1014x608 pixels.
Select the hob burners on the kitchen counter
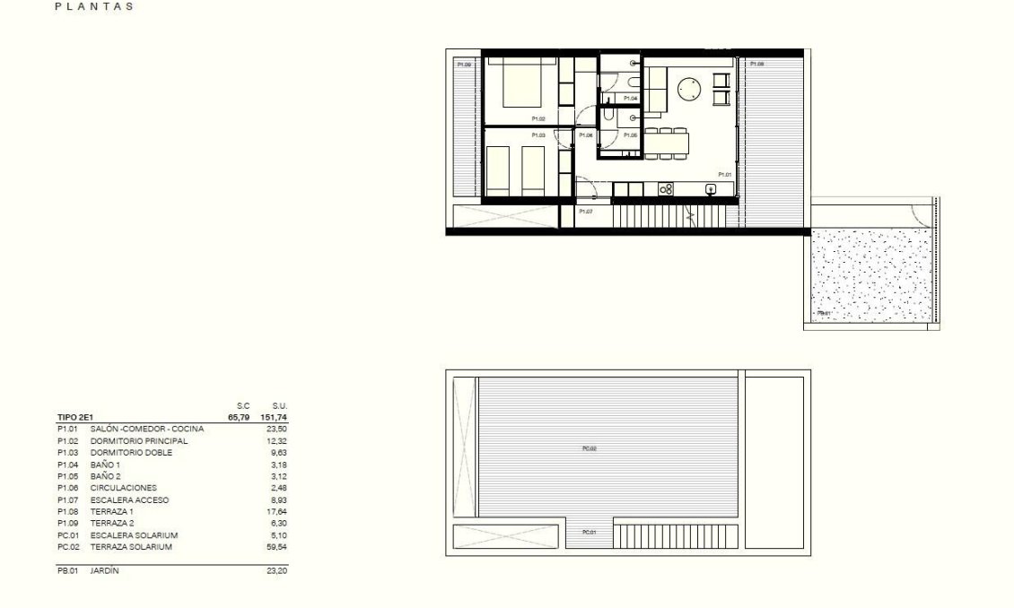(666, 188)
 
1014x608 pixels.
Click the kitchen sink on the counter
(711, 188)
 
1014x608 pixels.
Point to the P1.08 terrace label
(756, 65)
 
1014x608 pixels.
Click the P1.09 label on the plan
(464, 65)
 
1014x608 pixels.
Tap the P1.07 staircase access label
(585, 212)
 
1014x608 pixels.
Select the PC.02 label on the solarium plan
(589, 448)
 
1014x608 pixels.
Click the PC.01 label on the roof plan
(589, 532)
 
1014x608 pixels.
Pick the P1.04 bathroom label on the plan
(631, 98)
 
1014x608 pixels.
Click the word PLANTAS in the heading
(94, 7)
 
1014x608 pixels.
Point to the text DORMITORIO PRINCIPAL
(139, 441)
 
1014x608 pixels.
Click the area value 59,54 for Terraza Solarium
(275, 547)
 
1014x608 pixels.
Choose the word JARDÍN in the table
(105, 570)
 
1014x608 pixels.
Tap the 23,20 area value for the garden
(275, 570)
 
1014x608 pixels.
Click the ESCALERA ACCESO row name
(129, 499)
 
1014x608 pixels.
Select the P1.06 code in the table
(67, 488)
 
